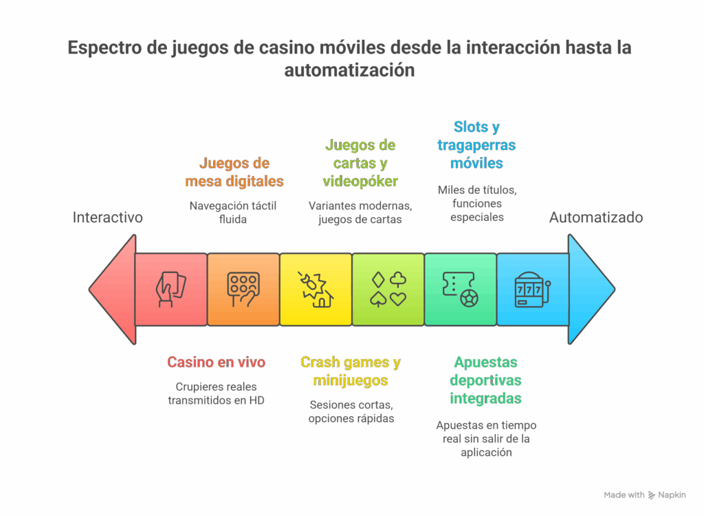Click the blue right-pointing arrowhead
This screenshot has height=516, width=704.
[590, 289]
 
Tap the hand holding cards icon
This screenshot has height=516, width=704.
[170, 289]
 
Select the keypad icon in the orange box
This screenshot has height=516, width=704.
[243, 289]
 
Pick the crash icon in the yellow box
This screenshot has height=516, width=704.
[316, 289]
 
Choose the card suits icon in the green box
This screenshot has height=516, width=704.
[388, 289]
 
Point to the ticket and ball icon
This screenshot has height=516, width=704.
[461, 289]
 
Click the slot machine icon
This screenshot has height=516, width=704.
[533, 289]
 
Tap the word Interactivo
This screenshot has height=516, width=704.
[108, 217]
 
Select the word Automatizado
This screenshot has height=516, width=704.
[596, 217]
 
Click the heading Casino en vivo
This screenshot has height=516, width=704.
[216, 363]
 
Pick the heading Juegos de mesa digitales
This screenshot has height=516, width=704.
[234, 173]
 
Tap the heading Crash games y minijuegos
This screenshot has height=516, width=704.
[351, 372]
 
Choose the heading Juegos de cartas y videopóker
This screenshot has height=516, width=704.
[360, 163]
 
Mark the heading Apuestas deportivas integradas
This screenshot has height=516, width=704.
[485, 380]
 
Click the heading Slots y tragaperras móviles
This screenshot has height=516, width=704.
[476, 145]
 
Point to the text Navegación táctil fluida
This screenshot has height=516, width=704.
[233, 212]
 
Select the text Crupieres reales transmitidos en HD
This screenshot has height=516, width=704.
[216, 393]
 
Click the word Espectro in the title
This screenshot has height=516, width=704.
[104, 49]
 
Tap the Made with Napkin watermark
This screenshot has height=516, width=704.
[644, 495]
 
